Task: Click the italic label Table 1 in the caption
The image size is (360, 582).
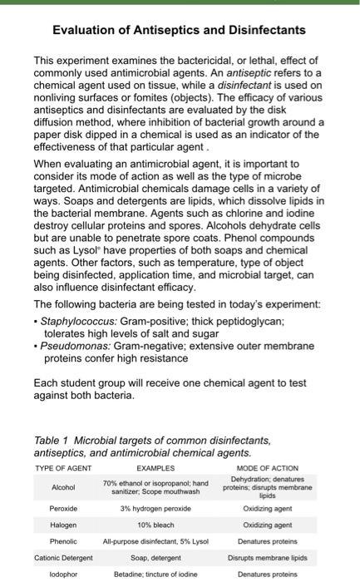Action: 52,441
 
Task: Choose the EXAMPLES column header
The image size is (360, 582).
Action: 155,468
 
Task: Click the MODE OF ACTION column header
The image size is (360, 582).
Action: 267,468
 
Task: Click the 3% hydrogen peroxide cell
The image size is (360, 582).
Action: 155,507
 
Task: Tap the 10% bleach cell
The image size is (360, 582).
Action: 155,525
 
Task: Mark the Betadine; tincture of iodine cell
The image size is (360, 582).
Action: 155,574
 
